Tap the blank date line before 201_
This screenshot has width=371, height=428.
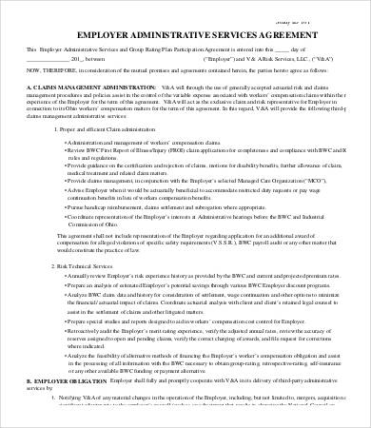53,57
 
